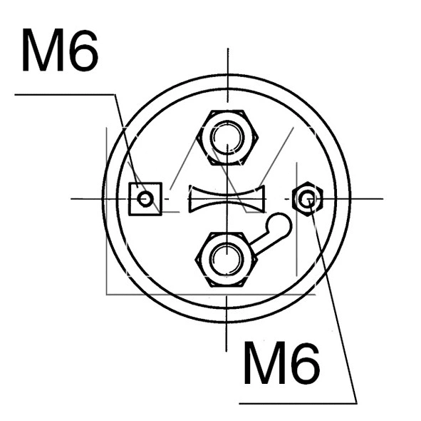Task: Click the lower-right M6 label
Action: (x=281, y=363)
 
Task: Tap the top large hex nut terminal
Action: (x=227, y=136)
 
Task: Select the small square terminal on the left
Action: (x=145, y=198)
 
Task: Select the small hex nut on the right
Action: (x=308, y=198)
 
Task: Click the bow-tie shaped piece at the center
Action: (x=227, y=198)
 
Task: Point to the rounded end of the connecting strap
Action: (x=280, y=225)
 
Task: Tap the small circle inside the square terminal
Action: (x=145, y=198)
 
